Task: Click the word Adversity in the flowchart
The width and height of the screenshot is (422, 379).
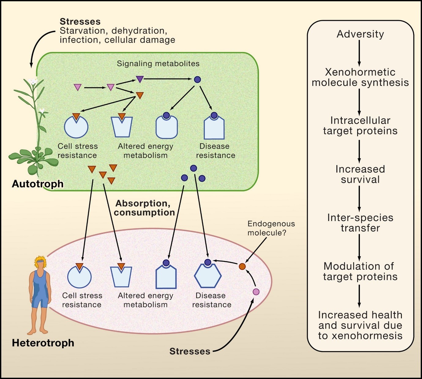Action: (x=360, y=34)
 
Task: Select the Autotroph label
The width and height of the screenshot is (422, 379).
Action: (x=38, y=184)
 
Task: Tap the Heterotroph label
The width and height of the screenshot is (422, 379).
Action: (x=43, y=343)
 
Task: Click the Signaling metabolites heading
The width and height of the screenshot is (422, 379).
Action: (x=158, y=64)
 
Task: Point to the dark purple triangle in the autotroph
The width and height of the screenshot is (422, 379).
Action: (x=140, y=79)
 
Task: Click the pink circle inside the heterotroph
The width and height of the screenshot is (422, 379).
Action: (x=256, y=292)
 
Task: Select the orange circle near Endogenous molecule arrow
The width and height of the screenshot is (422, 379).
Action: (x=242, y=266)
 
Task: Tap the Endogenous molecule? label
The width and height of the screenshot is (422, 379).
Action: (x=271, y=228)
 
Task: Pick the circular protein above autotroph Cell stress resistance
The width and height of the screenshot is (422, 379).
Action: (x=76, y=127)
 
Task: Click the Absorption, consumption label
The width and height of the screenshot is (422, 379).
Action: (x=144, y=208)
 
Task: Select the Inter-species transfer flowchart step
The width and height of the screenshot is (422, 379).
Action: (x=360, y=223)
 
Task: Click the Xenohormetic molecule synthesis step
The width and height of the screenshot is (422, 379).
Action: (x=360, y=77)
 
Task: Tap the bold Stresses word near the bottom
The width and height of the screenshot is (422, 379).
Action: (x=190, y=351)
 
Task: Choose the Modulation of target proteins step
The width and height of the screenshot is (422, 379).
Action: (x=360, y=271)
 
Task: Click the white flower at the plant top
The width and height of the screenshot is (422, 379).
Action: (x=33, y=81)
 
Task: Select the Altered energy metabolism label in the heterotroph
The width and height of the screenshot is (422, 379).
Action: (x=145, y=300)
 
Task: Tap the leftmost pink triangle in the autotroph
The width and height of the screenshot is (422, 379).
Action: (x=78, y=87)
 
